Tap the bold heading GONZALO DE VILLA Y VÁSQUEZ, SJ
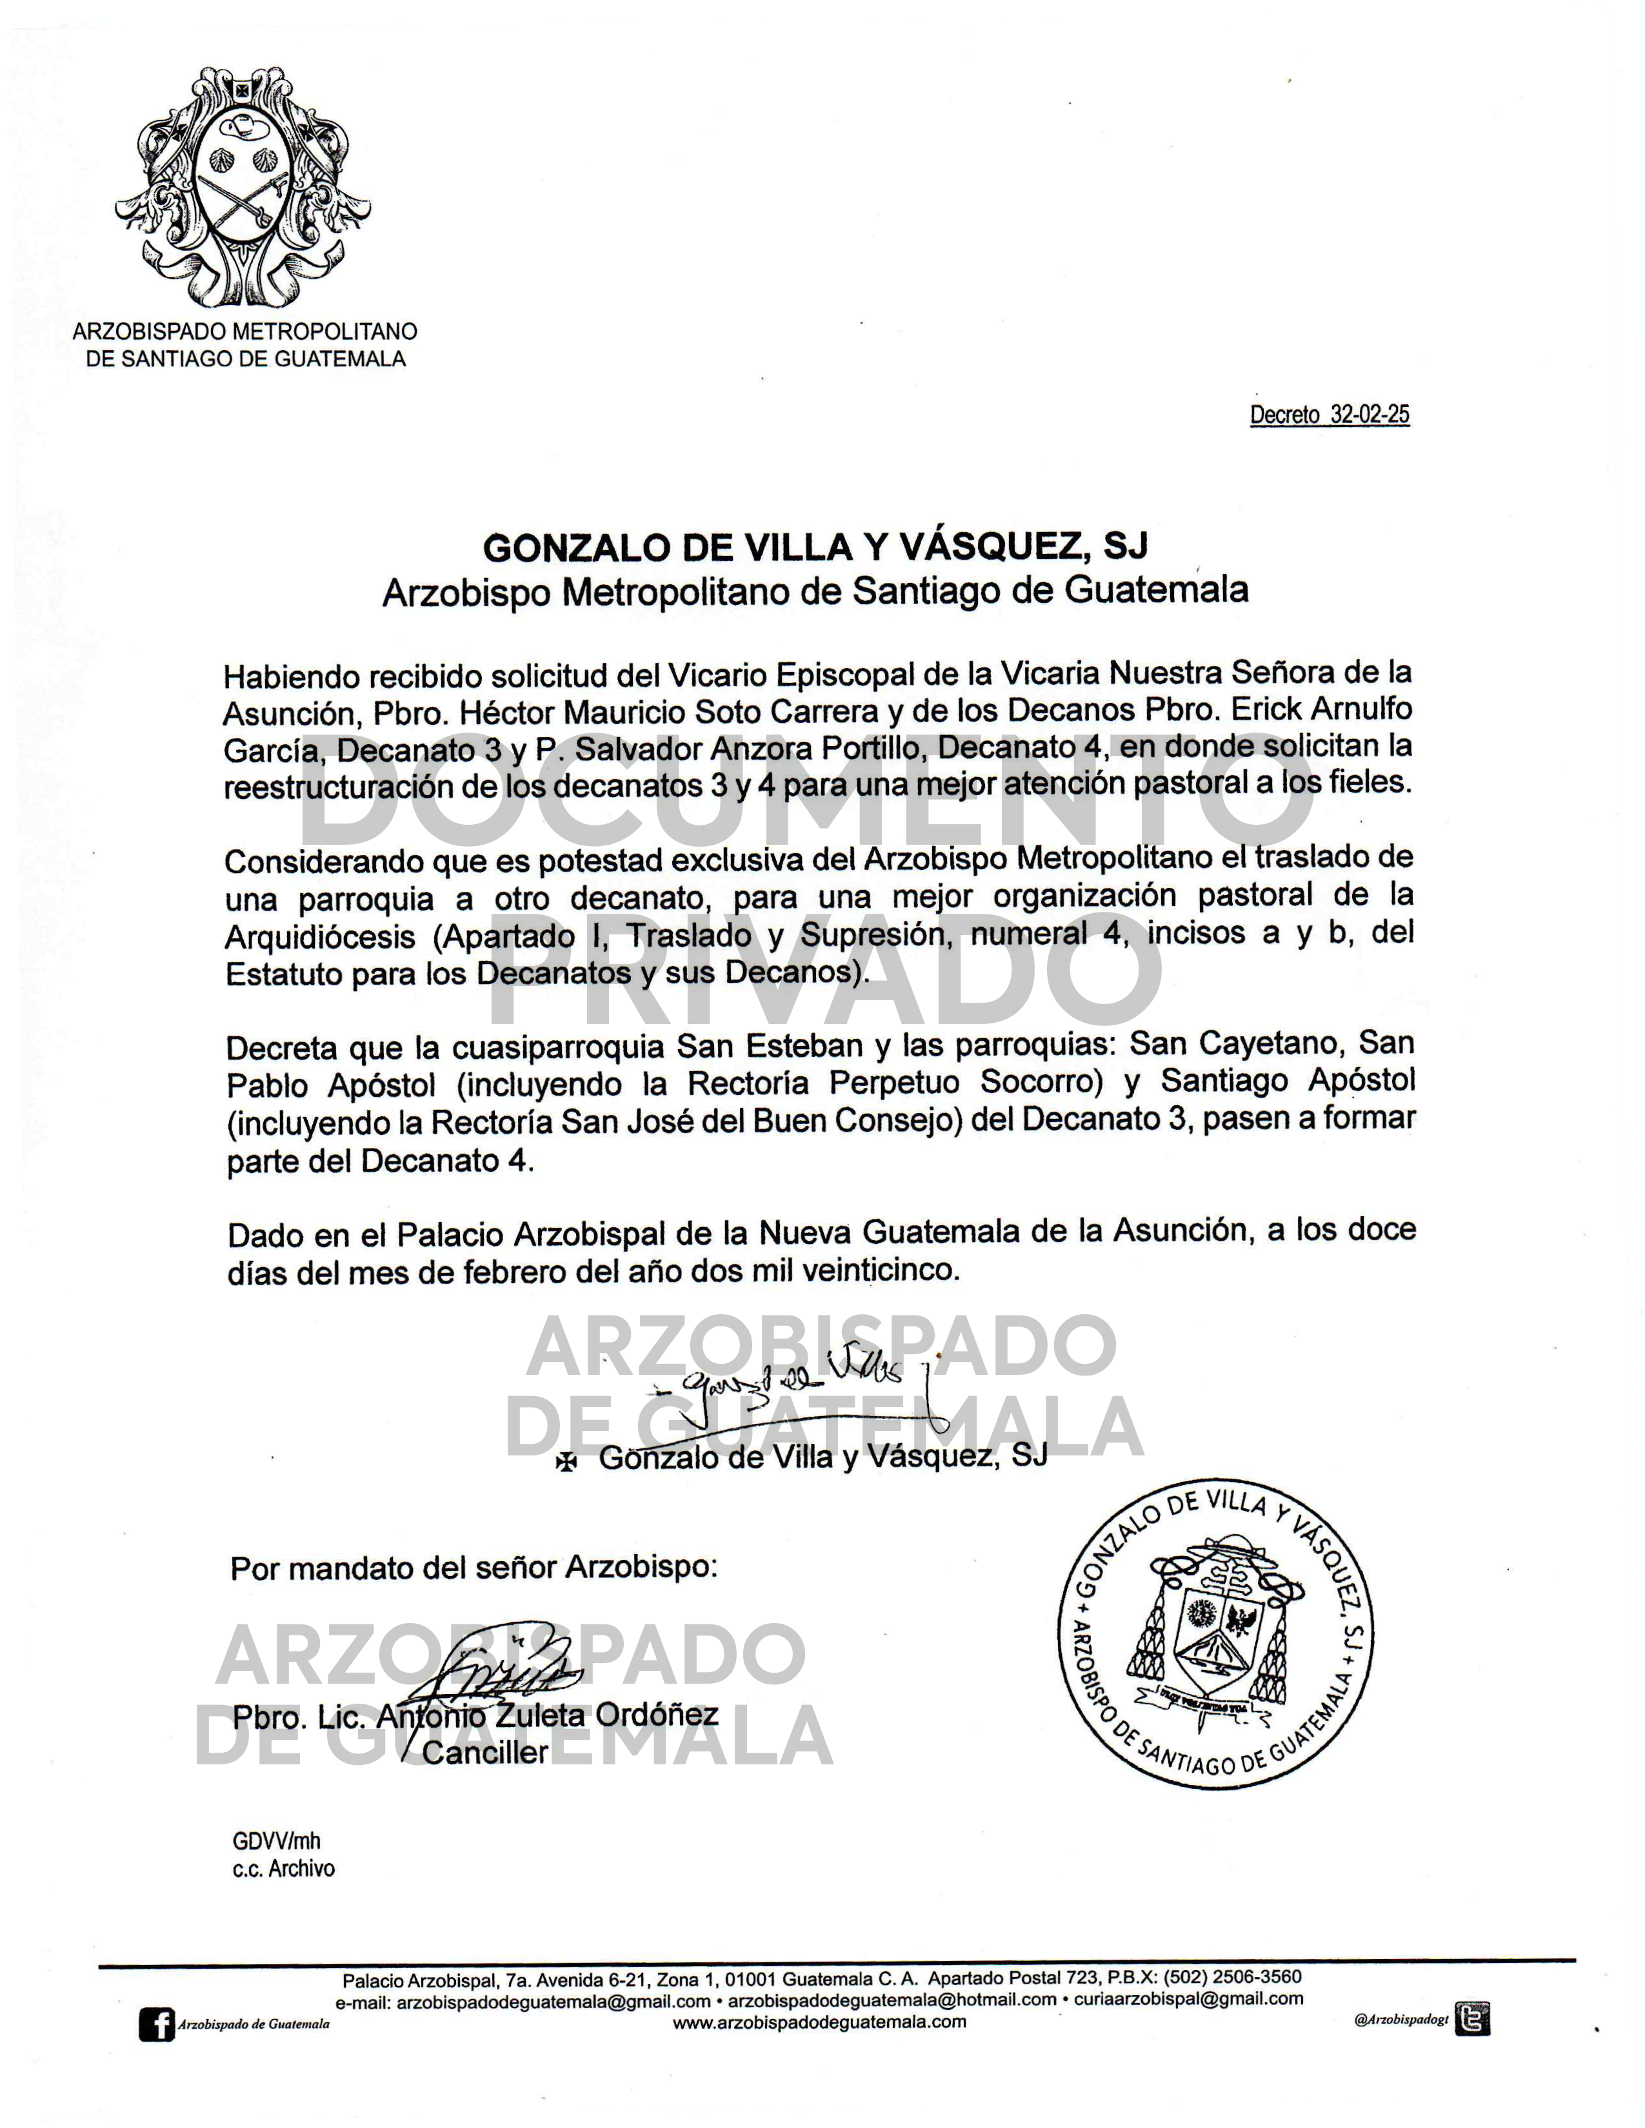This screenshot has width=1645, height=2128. (815, 547)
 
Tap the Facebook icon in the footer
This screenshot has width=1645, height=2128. (156, 2025)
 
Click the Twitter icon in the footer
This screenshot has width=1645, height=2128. (1471, 2020)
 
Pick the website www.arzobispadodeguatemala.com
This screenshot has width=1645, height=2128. (819, 2022)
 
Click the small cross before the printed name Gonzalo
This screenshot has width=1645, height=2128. (565, 1461)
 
